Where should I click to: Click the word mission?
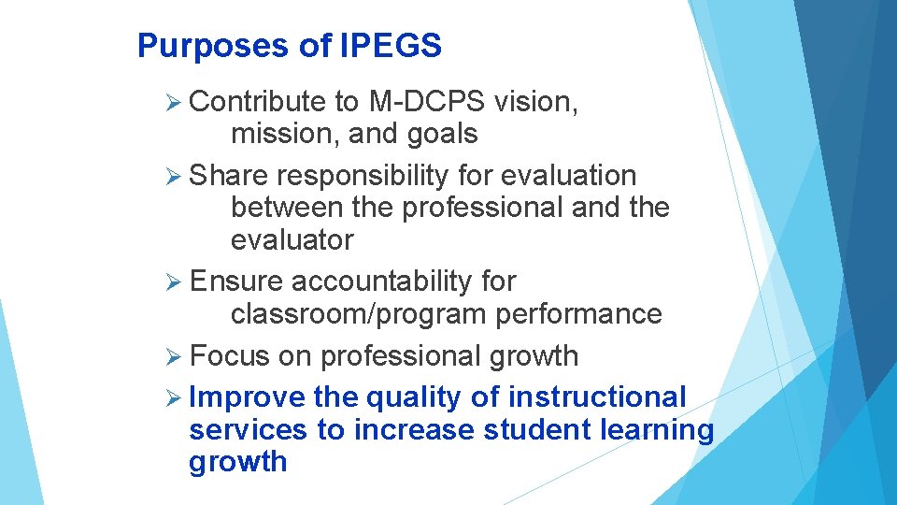click(x=285, y=134)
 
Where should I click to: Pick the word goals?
click(x=442, y=134)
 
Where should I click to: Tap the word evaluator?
click(x=292, y=239)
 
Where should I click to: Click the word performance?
click(x=578, y=313)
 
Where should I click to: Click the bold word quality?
click(x=414, y=397)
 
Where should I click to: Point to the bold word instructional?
click(x=597, y=397)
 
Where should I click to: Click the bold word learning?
click(x=655, y=430)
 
